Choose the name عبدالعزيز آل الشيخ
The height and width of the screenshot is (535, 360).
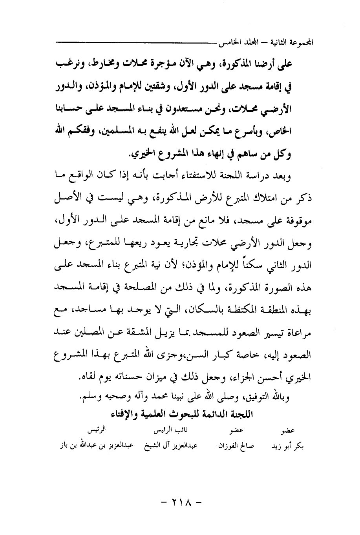coord(171,446)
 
